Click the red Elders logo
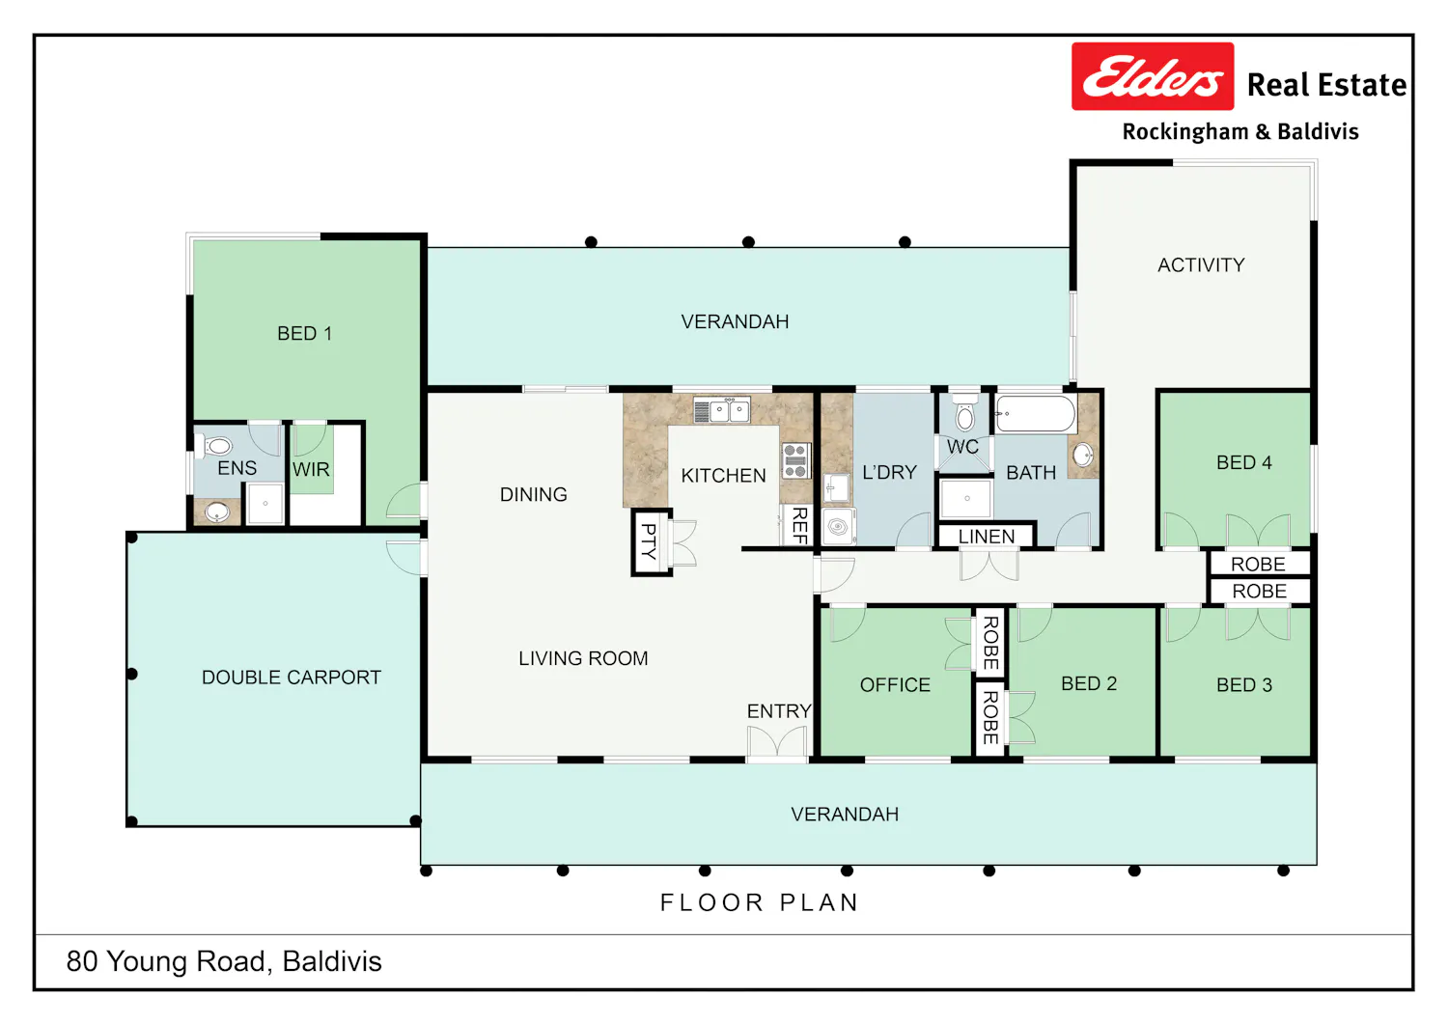tap(1153, 76)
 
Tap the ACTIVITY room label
tap(1201, 265)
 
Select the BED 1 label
tap(304, 334)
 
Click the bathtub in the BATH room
tap(1036, 414)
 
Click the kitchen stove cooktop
tap(795, 461)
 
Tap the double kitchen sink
tap(722, 410)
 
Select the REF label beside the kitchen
tap(800, 525)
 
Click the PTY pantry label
tap(649, 541)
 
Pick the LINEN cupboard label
tap(987, 537)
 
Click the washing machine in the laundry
tap(839, 528)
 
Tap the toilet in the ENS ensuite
tap(216, 446)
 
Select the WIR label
tap(311, 469)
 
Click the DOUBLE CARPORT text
tap(292, 678)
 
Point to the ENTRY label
tap(779, 711)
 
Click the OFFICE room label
tap(895, 684)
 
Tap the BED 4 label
tap(1244, 463)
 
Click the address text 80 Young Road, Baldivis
tap(224, 961)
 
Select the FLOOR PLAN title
tap(760, 902)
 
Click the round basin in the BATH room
tap(1083, 455)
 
